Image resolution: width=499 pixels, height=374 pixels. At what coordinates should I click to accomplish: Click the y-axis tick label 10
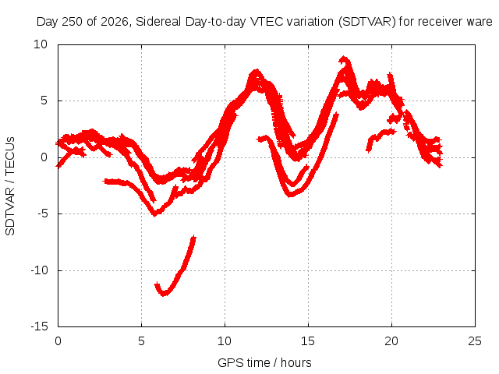click(41, 44)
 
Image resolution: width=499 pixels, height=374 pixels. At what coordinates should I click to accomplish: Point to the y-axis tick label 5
click(44, 101)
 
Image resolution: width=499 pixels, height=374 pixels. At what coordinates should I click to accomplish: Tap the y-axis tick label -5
click(42, 213)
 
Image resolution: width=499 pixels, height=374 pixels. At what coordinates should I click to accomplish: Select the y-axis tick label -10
click(39, 270)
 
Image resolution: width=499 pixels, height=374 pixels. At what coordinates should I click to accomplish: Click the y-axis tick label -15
click(39, 326)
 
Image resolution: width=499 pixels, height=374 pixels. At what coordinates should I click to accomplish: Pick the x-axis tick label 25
click(475, 341)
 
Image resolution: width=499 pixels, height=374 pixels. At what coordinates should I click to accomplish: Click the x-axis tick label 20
click(391, 341)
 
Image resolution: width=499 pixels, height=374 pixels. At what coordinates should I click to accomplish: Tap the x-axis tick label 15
click(308, 341)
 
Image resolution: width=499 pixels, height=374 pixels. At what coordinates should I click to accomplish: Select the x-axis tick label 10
click(225, 341)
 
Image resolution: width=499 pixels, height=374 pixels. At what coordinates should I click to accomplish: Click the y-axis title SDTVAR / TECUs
click(10, 186)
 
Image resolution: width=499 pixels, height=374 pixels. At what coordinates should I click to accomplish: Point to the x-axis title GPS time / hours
click(264, 362)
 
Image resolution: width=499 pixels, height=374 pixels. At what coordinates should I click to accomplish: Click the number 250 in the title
click(73, 22)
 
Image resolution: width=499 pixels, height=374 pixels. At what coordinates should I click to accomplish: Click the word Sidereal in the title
click(159, 22)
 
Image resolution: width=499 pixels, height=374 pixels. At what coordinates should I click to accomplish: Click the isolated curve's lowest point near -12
click(164, 294)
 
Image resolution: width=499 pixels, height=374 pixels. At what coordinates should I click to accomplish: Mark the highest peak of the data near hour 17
click(343, 58)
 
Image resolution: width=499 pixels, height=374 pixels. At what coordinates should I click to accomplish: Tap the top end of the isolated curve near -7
click(193, 237)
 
